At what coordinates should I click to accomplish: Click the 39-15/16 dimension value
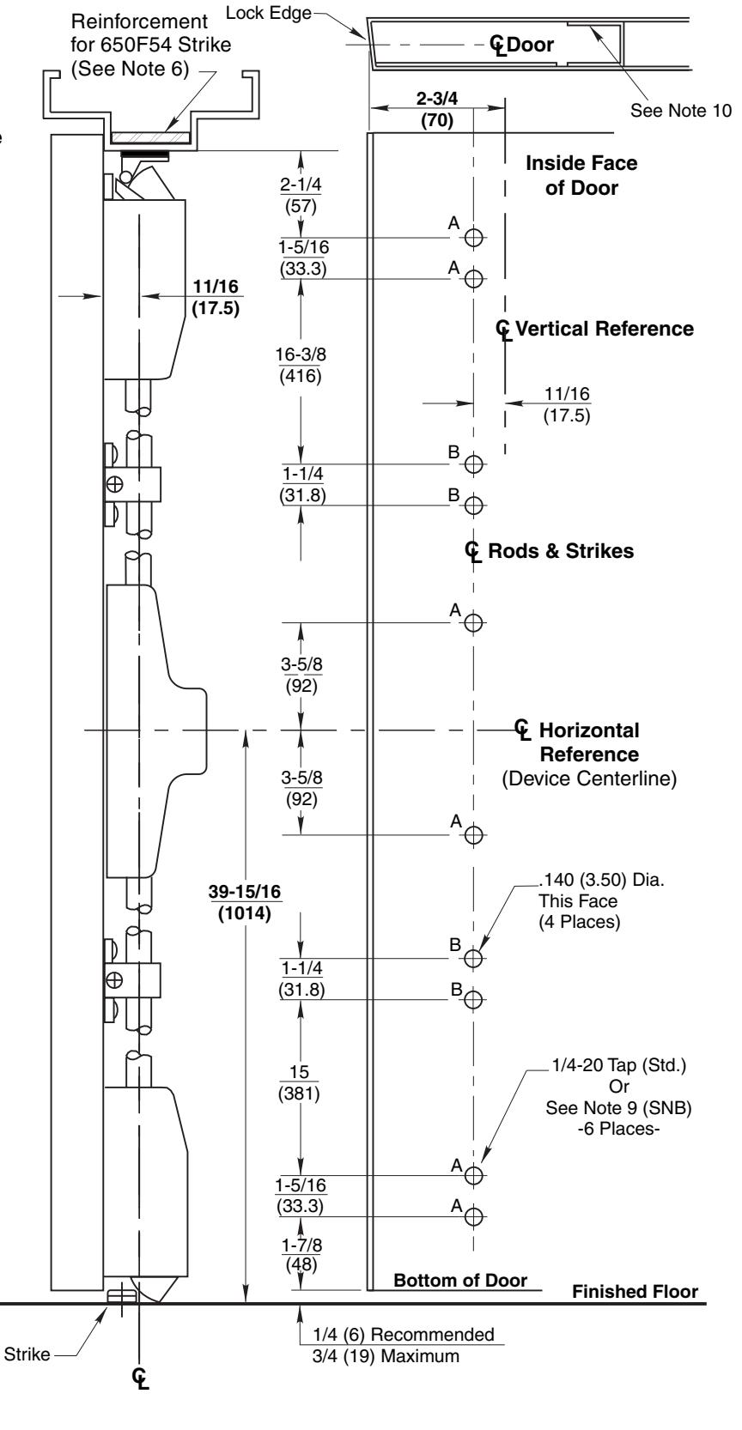(x=245, y=891)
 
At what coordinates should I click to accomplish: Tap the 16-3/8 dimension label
(x=301, y=354)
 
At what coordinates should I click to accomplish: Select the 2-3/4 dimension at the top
(x=437, y=99)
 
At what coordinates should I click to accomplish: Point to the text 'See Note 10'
(x=681, y=111)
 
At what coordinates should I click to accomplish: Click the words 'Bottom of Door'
(x=460, y=1280)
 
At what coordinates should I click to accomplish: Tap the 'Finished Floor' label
(x=636, y=1292)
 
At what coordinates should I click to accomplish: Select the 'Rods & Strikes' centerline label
(x=561, y=551)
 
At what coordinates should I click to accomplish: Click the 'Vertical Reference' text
(x=604, y=329)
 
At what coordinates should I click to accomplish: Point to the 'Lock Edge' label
(x=269, y=13)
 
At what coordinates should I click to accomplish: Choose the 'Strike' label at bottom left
(x=27, y=1354)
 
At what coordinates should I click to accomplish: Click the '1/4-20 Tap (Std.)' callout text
(x=618, y=1065)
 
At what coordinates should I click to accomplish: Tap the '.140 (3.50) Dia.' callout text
(x=601, y=880)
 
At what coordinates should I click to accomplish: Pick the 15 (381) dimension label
(x=299, y=1082)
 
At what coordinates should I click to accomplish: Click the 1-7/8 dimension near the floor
(x=302, y=1245)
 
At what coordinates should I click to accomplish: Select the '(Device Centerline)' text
(x=589, y=779)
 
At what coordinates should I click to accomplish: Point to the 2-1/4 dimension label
(x=301, y=185)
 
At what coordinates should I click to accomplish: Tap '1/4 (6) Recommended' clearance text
(x=404, y=1335)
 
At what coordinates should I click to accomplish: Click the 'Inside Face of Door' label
(x=581, y=176)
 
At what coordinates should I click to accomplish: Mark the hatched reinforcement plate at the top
(x=150, y=137)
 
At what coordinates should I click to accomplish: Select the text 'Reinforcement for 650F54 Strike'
(x=150, y=33)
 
